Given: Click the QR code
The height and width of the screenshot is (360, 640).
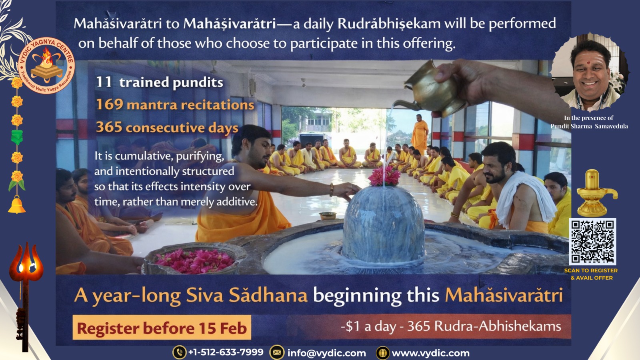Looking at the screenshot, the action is pos(592,242).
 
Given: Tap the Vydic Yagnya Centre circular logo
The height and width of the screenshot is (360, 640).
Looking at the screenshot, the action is pos(46,66).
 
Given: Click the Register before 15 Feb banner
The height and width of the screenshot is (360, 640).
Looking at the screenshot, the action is pos(162,328).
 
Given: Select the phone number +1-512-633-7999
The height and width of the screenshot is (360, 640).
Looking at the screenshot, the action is pos(226,352).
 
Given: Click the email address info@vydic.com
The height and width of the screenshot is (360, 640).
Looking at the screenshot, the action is pos(326,353).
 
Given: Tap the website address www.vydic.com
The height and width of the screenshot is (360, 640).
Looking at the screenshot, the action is pos(431,353).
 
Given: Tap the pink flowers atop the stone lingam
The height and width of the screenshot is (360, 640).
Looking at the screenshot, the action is pos(384,176).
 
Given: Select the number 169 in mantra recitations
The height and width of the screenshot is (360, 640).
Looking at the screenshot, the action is pos(110,104).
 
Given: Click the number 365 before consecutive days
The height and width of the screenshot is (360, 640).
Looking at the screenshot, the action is pos(109,127).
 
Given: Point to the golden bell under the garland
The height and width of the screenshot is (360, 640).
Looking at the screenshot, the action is pos(16,205).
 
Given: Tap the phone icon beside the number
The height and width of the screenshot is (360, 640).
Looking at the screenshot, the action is pos(180,352).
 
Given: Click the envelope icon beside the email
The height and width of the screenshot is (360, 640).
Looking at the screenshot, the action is pos(276,352).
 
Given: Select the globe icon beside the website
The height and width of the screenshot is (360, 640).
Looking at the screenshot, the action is pos(383,353).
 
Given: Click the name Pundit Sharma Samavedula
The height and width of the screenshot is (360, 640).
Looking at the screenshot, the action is pos(589,126).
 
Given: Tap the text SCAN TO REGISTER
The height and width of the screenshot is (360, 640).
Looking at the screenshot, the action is pos(591,270).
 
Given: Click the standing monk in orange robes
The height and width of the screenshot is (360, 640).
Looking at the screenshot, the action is pos(420,134).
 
